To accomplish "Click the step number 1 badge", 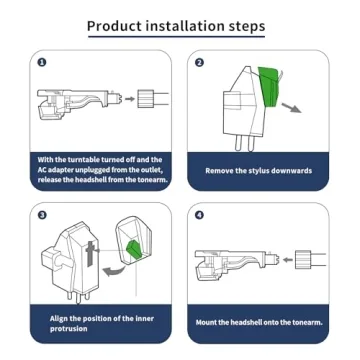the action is click(42, 62).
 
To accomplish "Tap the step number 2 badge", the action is click(199, 62).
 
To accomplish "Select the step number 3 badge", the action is click(42, 215).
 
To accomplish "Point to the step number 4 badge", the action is click(199, 215).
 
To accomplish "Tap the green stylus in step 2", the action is click(270, 87).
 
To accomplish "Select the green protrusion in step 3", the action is click(133, 249).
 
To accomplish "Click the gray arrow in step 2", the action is click(291, 108).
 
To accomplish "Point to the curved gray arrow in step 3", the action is click(113, 272).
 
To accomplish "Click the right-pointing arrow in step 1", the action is click(130, 98).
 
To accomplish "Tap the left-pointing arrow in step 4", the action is click(288, 259).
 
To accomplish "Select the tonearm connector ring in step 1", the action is click(146, 98).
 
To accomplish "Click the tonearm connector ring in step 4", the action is click(303, 260).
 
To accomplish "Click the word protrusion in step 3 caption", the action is click(68, 329).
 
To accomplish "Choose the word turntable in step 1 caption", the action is click(76, 160).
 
